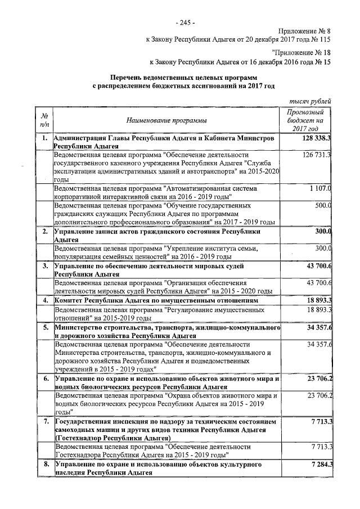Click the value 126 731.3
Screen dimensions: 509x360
click(x=317, y=155)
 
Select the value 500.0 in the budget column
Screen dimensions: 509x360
click(x=322, y=205)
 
